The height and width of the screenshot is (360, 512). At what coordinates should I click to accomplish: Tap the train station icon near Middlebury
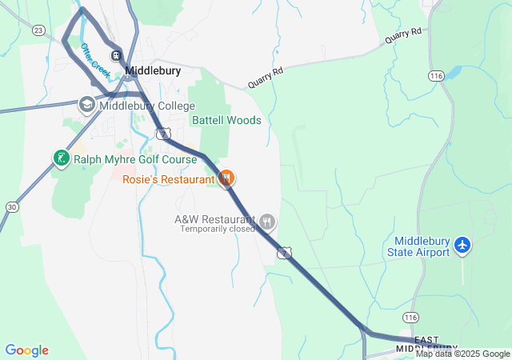click(x=117, y=55)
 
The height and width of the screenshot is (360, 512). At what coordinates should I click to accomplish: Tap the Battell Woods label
click(x=226, y=120)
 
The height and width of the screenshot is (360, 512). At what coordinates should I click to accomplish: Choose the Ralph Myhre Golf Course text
click(x=135, y=159)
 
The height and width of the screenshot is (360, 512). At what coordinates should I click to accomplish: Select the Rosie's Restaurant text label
click(x=169, y=179)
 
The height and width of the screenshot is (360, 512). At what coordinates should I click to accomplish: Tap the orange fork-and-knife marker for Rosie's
click(x=226, y=178)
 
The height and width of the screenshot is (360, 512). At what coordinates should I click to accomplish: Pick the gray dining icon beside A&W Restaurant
click(x=267, y=221)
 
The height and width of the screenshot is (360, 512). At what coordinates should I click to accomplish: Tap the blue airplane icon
click(x=462, y=246)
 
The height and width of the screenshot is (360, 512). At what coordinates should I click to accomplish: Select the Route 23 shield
click(x=38, y=30)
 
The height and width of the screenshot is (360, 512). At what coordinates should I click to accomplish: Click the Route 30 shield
click(x=11, y=207)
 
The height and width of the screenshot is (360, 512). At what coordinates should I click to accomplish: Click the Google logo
click(x=26, y=350)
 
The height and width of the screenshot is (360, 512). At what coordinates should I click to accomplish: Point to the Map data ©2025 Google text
click(x=462, y=354)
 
